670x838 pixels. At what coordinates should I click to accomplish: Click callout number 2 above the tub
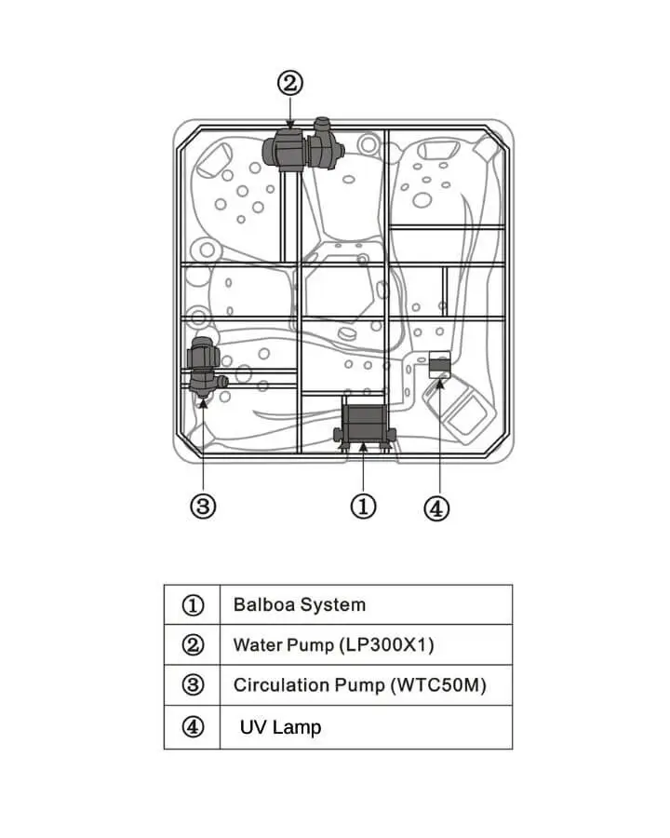click(290, 84)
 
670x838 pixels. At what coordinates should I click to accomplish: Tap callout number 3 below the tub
click(203, 506)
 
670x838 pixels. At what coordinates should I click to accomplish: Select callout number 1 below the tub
click(363, 506)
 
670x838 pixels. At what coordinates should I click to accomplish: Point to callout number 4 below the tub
click(436, 508)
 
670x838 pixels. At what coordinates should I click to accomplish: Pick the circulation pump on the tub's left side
click(204, 368)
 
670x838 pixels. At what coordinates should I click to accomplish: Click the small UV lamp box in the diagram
click(440, 364)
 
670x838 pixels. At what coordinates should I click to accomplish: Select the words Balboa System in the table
click(300, 604)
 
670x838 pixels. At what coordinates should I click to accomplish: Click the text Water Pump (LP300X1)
click(333, 644)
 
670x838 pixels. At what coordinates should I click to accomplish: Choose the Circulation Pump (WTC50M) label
click(360, 684)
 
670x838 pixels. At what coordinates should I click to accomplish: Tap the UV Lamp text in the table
click(280, 727)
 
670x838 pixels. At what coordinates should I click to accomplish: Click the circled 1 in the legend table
click(193, 605)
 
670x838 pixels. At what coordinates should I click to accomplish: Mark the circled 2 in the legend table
click(193, 645)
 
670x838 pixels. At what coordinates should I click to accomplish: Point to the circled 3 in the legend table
click(193, 684)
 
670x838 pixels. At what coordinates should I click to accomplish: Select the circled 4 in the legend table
click(193, 726)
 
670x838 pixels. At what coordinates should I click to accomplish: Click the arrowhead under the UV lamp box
click(440, 384)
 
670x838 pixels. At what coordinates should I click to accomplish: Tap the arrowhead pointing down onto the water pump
click(290, 125)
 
